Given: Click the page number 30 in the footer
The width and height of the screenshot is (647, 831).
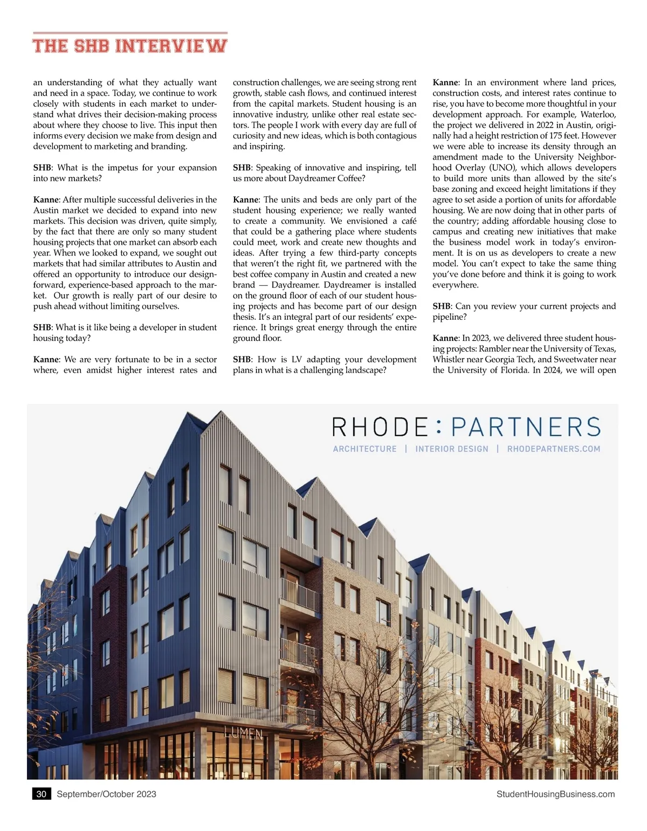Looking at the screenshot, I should pyautogui.click(x=42, y=794).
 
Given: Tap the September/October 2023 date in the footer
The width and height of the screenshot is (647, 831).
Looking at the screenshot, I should pyautogui.click(x=106, y=794).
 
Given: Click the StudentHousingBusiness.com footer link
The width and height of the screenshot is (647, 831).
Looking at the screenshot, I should pyautogui.click(x=555, y=794).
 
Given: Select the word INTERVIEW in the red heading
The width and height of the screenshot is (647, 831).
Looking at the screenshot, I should pyautogui.click(x=171, y=45).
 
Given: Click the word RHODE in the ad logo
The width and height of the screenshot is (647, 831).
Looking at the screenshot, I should pyautogui.click(x=380, y=427).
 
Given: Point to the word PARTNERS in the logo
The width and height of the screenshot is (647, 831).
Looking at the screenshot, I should pyautogui.click(x=525, y=427).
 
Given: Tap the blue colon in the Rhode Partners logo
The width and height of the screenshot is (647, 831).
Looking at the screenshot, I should pyautogui.click(x=438, y=427).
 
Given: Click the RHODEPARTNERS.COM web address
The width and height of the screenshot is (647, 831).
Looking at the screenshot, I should pyautogui.click(x=553, y=449).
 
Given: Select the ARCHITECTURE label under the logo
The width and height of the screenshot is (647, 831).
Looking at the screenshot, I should pyautogui.click(x=364, y=449).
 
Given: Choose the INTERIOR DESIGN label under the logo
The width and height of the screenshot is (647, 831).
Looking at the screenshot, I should pyautogui.click(x=451, y=449).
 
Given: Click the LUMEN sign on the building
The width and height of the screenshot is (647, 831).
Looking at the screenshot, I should pyautogui.click(x=243, y=733).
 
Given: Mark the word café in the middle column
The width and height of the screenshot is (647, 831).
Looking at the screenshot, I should pyautogui.click(x=409, y=221).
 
